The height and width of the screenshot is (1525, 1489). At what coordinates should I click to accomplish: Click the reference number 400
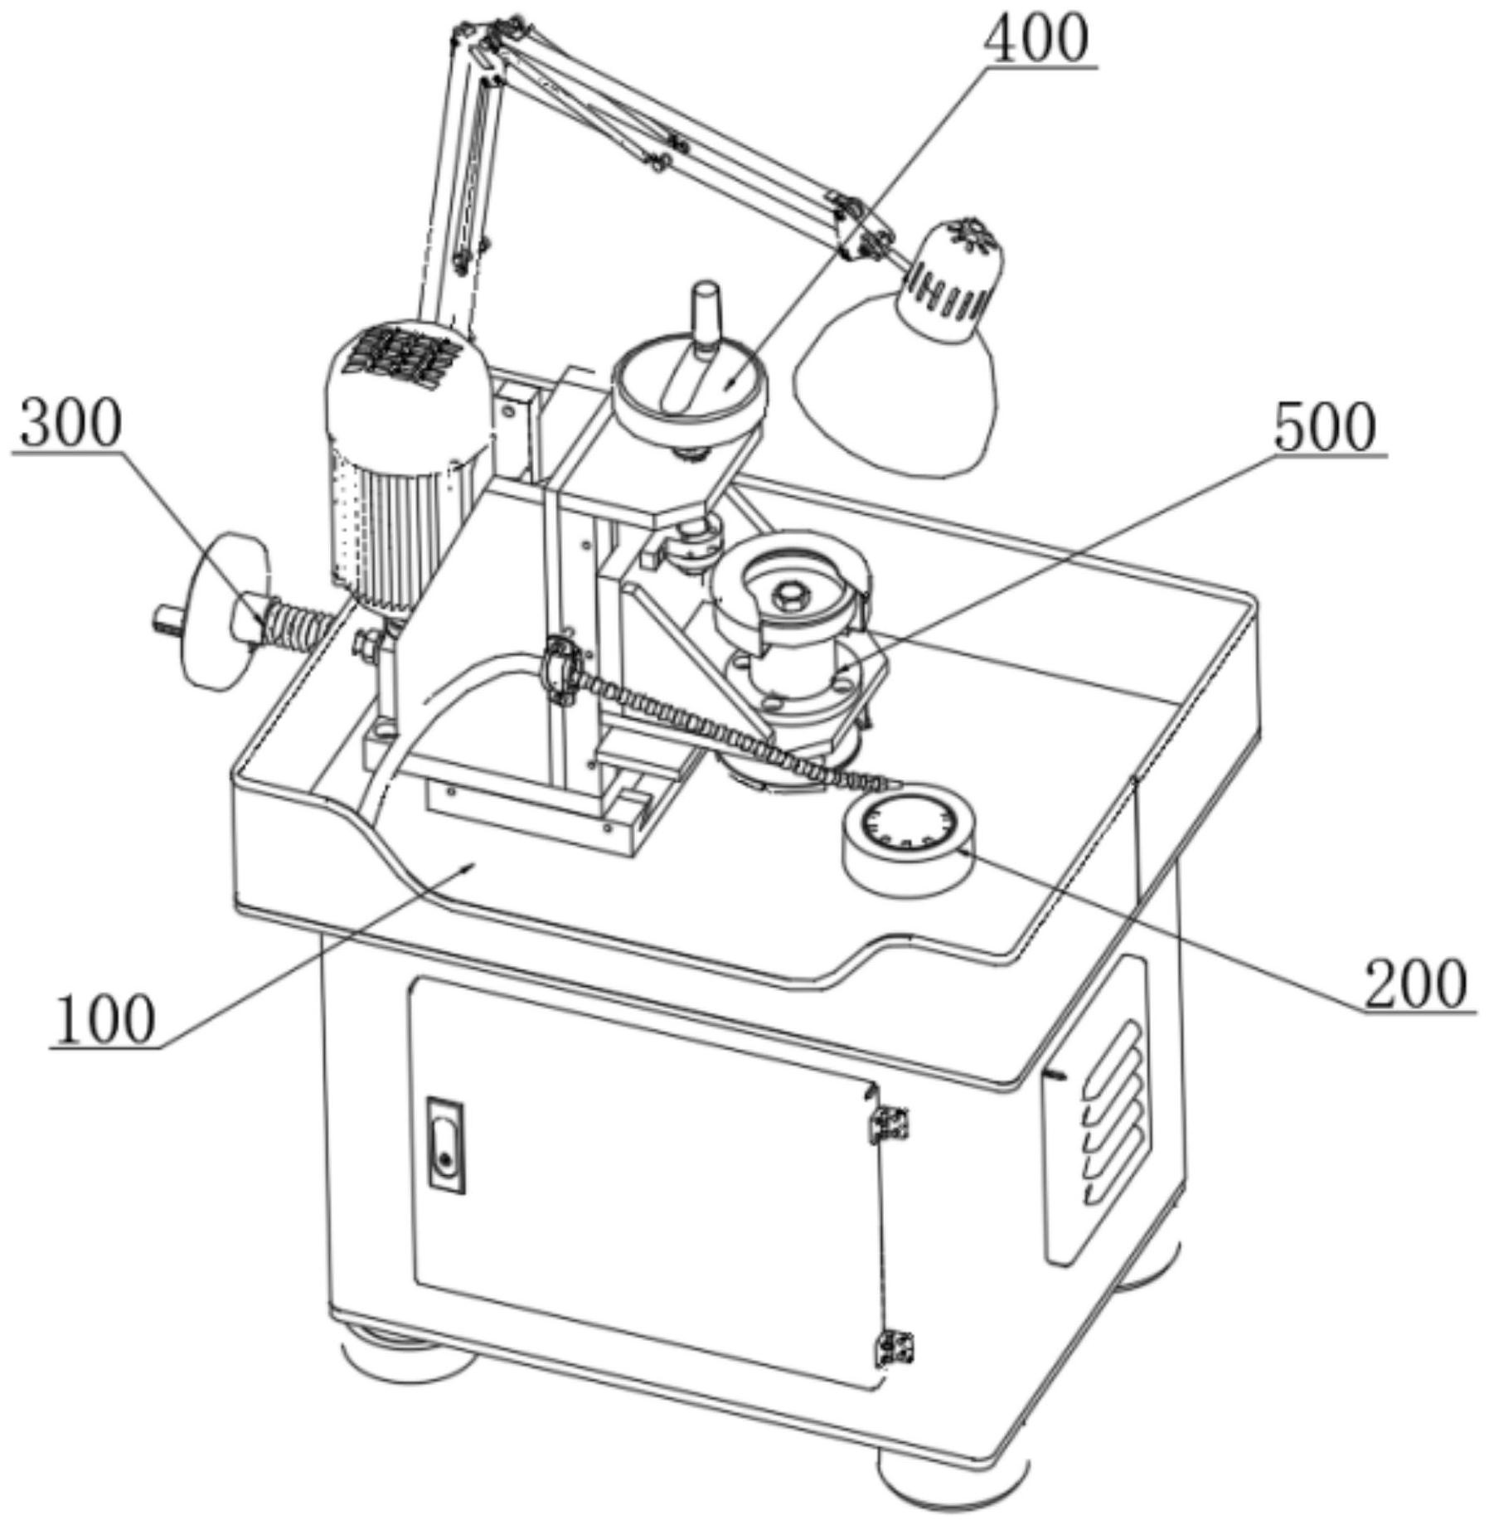tap(1036, 40)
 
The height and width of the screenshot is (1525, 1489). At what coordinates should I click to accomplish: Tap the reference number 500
tap(1324, 429)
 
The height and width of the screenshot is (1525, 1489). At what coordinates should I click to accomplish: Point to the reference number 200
tap(1415, 984)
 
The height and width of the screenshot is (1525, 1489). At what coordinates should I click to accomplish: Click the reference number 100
tap(104, 1020)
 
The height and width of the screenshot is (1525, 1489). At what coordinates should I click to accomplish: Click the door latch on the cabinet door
tap(445, 1145)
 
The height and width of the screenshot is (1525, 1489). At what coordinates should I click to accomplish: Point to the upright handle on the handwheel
tap(706, 315)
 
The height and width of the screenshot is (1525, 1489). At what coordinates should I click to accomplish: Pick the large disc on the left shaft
tap(220, 610)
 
